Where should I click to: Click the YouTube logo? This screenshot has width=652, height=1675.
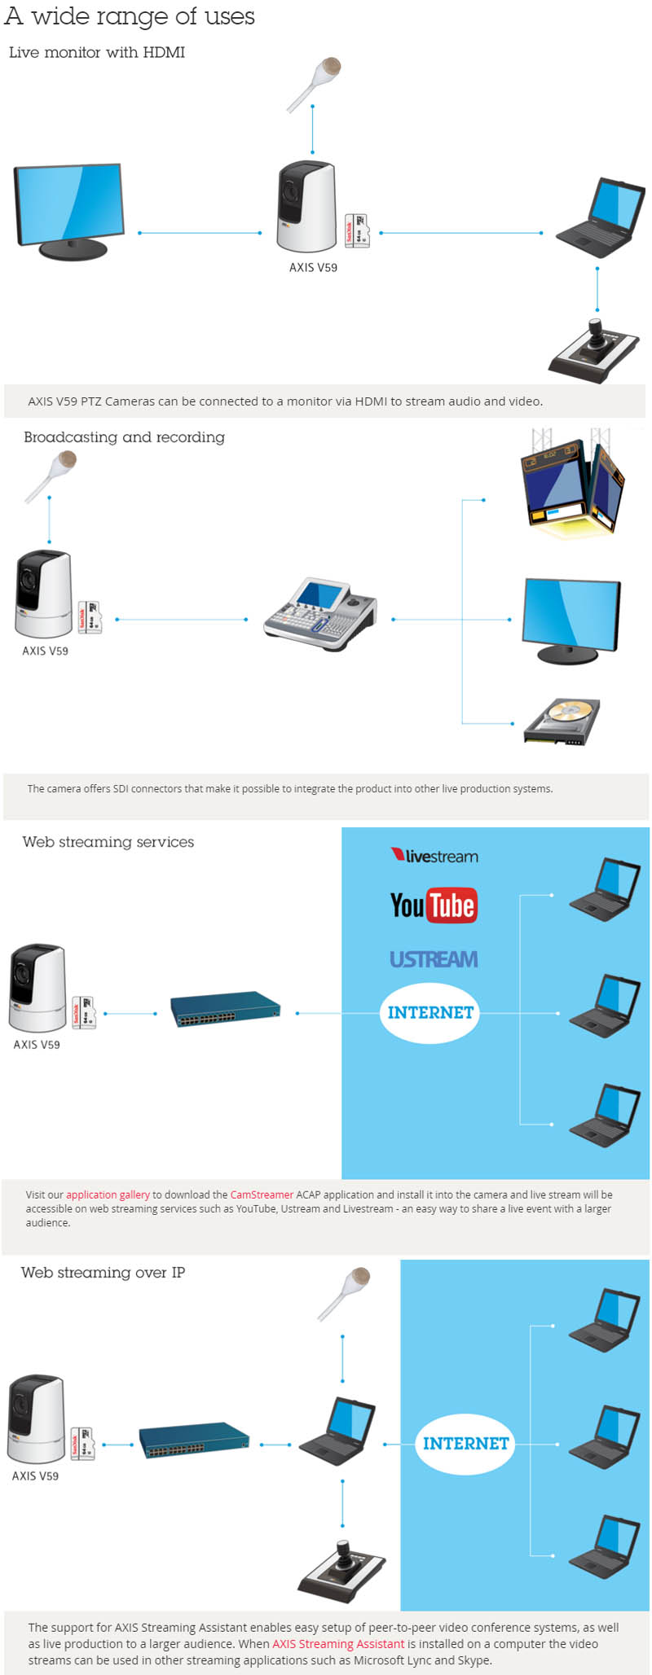pos(434,905)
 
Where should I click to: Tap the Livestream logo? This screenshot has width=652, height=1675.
pos(434,856)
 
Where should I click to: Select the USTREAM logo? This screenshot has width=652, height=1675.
pos(434,959)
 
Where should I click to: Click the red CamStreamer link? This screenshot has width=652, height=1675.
pos(262,1195)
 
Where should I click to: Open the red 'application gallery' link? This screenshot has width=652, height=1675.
pos(108,1195)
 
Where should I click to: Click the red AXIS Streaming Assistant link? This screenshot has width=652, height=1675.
pos(338,1643)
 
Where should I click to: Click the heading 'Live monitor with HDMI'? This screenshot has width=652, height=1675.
pos(97,52)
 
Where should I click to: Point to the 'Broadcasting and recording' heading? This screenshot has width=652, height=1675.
pos(124,437)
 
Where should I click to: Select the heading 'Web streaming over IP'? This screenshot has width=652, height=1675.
pos(103,1272)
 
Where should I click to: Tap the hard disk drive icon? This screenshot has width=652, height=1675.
pos(562,721)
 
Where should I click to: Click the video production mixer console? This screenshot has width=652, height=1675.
pos(320,614)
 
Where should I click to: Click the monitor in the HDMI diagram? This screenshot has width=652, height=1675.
pos(70,211)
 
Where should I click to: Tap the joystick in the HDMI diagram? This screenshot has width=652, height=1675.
pos(596,350)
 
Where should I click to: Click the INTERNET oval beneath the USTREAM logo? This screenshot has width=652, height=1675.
pos(430,1012)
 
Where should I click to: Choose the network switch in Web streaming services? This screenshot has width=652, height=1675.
pos(225,1009)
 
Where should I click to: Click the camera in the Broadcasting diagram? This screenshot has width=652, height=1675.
pos(43,594)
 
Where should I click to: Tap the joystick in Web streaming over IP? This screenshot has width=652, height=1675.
pos(342,1569)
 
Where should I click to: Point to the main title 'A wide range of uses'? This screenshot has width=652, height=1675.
pos(130,16)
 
